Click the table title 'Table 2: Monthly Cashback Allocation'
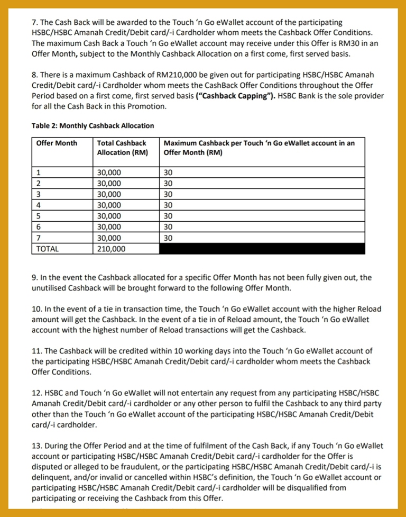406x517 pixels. (x=93, y=126)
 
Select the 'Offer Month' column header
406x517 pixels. (x=56, y=143)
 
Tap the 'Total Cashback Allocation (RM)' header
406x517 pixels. (x=122, y=148)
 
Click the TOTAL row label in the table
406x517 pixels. (x=48, y=249)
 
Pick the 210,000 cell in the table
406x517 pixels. (x=111, y=249)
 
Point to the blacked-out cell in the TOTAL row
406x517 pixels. (x=262, y=249)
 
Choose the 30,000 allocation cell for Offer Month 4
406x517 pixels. (x=109, y=205)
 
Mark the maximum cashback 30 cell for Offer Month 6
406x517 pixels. (x=168, y=227)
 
